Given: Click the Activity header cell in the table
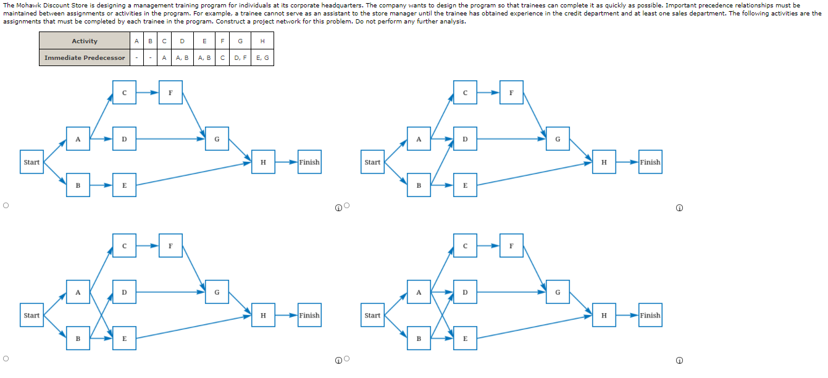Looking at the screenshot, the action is point(85,41).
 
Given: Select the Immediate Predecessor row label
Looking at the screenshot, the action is point(85,57).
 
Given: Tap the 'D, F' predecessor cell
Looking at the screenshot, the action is point(240,57).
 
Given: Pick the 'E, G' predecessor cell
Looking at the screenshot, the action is point(262,57).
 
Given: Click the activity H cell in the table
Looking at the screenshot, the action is point(262,41).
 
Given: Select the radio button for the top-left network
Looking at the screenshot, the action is point(6,205).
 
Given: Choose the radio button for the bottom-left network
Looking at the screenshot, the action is point(6,358).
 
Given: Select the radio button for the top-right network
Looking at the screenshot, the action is point(347,205).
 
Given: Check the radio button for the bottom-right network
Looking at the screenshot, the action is point(347,358).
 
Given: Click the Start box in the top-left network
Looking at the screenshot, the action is point(31,162).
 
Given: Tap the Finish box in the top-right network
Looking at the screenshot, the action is point(650,162).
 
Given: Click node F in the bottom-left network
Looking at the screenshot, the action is point(170,246).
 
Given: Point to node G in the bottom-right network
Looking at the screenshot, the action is point(558,292).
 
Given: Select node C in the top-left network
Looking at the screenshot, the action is point(124,93).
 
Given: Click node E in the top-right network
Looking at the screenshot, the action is point(465,185).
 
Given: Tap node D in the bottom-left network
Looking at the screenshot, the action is point(124,292).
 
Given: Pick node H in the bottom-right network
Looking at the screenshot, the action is point(604,315).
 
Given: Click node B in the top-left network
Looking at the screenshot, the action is point(78,185).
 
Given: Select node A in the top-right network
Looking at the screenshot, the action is point(419,139).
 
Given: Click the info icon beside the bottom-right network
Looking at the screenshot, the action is point(679,361).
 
